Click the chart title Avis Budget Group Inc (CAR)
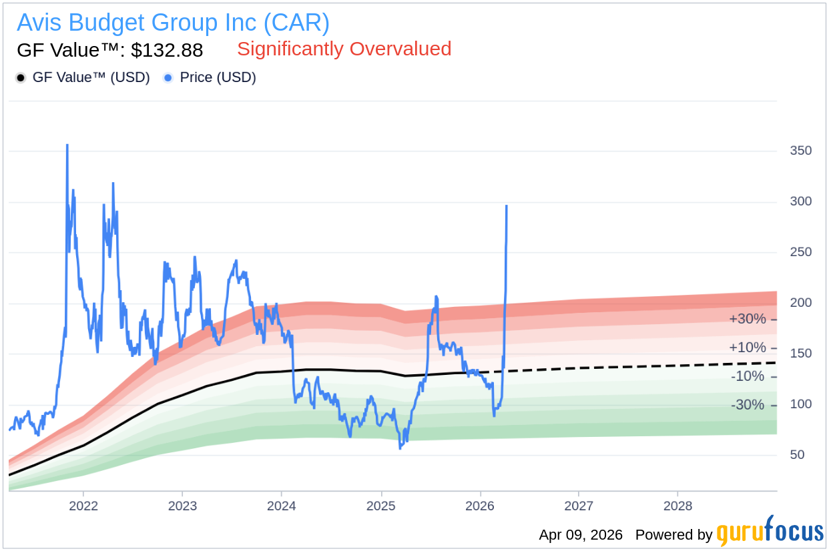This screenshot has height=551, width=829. click(173, 23)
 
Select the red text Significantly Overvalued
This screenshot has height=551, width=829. click(344, 49)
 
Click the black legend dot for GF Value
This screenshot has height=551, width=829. click(21, 78)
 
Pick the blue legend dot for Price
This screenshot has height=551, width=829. click(168, 78)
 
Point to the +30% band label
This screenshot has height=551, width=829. click(747, 319)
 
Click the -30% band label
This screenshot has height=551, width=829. click(748, 405)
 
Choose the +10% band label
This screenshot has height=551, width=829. click(747, 348)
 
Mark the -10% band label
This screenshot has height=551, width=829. click(748, 376)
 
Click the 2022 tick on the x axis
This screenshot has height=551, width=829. click(83, 506)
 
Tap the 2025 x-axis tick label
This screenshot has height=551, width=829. click(380, 506)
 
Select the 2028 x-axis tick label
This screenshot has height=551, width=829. click(677, 506)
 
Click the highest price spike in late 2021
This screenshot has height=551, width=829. click(67, 145)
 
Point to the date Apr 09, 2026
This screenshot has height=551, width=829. click(581, 535)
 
